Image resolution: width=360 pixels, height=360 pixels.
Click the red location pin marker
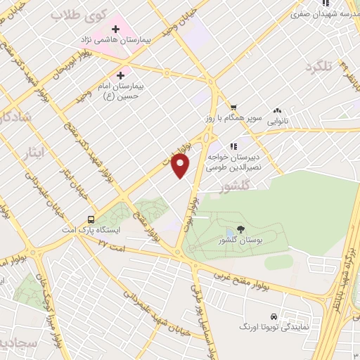(181, 166)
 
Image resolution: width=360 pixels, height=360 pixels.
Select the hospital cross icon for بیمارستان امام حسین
(120, 75)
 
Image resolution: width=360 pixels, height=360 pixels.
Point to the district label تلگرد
(317, 66)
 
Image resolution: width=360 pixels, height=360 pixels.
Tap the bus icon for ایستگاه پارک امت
(91, 219)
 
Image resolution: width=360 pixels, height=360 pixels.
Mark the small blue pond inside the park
(229, 233)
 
